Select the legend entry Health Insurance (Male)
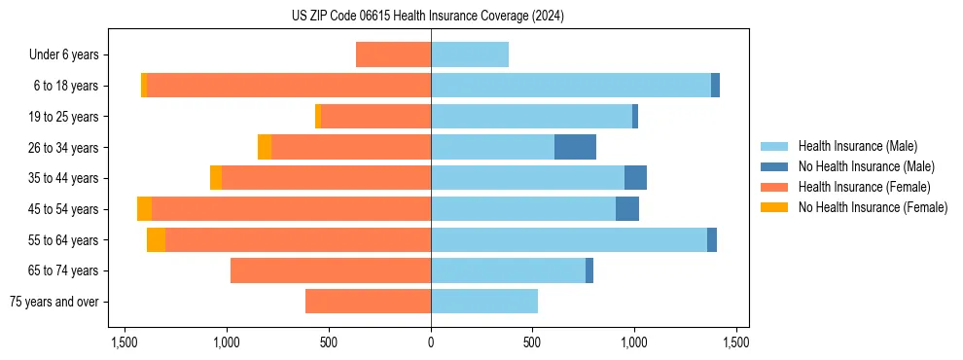coord(857,146)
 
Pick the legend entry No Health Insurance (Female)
coord(873,207)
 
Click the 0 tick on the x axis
coord(431,342)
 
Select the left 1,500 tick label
coord(125,342)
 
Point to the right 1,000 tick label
coord(634,342)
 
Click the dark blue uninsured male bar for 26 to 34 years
coord(575,147)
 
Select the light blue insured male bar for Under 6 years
coord(470,54)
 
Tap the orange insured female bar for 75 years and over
coord(368,302)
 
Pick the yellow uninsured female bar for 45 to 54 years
coord(144,209)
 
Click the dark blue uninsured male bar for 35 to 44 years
coord(635,178)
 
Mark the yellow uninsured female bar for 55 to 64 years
coord(156,239)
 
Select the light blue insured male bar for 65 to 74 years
coord(508,270)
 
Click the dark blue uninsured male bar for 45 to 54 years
coord(627,209)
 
